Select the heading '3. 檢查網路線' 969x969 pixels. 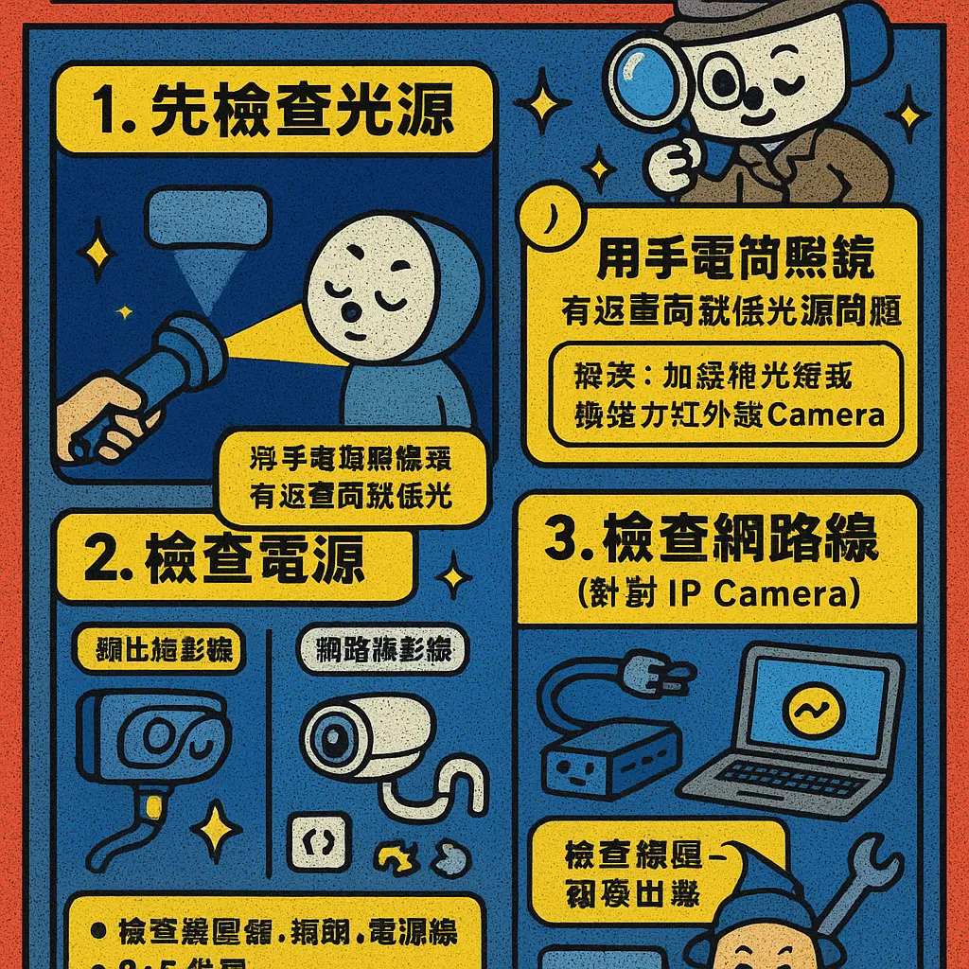pos(715,541)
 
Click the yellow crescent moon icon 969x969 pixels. pos(547,217)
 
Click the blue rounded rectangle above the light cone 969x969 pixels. pos(209,217)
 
